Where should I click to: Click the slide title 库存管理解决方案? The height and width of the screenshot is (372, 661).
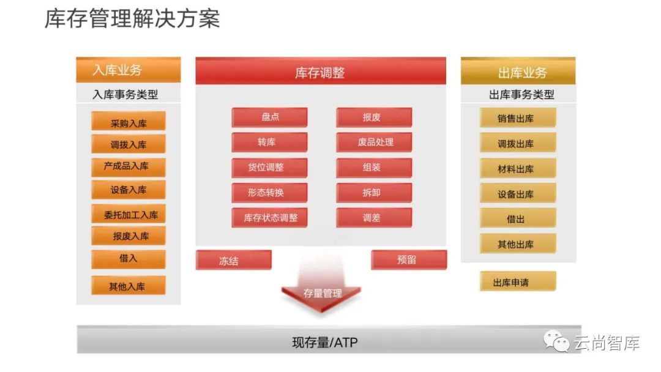[132, 19]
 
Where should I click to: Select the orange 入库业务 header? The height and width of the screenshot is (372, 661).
[128, 70]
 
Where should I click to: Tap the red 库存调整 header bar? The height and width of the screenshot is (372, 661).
[320, 73]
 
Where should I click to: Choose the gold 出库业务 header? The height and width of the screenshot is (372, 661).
[518, 73]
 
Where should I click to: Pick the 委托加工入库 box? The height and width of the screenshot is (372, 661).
[129, 215]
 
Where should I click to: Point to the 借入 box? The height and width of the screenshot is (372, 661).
[129, 259]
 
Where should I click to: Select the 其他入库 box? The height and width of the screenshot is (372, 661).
[129, 286]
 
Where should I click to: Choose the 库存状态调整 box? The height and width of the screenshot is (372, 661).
[269, 218]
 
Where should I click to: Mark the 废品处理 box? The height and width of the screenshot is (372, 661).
[374, 143]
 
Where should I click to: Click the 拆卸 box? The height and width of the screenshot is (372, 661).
[374, 193]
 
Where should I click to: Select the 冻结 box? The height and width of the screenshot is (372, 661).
[233, 261]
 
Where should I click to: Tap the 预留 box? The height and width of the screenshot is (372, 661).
[408, 260]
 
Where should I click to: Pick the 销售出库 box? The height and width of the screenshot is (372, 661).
[517, 118]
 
